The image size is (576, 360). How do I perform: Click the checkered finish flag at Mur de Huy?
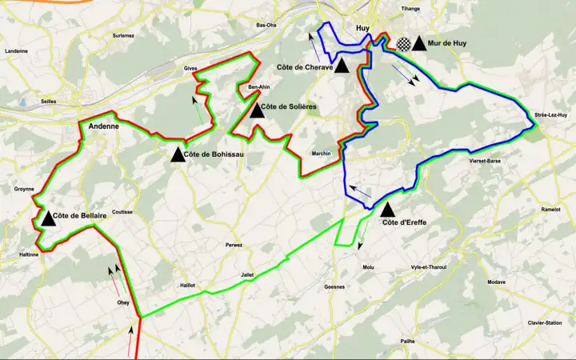click(x=403, y=44)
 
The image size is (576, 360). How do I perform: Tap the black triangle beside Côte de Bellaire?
click(x=48, y=218)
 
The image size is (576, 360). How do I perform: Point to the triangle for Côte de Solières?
click(x=257, y=109)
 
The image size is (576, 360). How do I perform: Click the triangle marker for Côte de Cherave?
click(x=342, y=66)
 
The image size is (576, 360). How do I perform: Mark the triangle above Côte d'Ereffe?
click(x=387, y=210)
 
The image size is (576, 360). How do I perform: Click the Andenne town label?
click(x=104, y=126)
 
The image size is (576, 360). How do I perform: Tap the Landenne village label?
click(x=16, y=50)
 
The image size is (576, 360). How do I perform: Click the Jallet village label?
click(x=248, y=274)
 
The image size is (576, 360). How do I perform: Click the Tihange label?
click(x=410, y=9)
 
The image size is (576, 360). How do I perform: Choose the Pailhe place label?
click(x=408, y=341)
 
